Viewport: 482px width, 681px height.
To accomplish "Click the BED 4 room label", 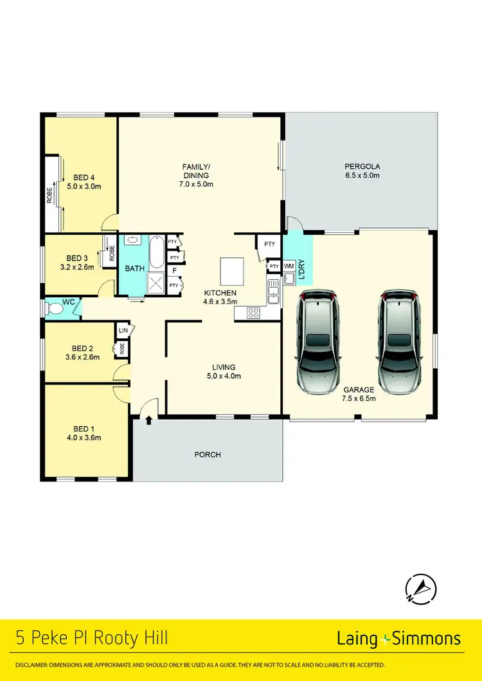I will coord(84,182).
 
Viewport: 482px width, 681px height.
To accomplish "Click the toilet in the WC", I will coord(55,309).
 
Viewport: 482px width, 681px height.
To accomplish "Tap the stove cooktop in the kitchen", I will coord(253,313).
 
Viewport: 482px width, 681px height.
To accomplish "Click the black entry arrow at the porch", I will coord(149,420).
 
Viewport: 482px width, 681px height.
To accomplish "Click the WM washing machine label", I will coord(289,266).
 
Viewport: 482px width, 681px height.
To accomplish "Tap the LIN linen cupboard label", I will coord(123,331).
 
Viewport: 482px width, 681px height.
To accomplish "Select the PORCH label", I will coord(207,454).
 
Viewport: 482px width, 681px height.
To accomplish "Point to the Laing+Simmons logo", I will coord(398,638).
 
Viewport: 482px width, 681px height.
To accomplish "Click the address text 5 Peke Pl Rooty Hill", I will coord(92,638).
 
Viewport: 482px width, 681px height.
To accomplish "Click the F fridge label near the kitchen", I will coord(174,272).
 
